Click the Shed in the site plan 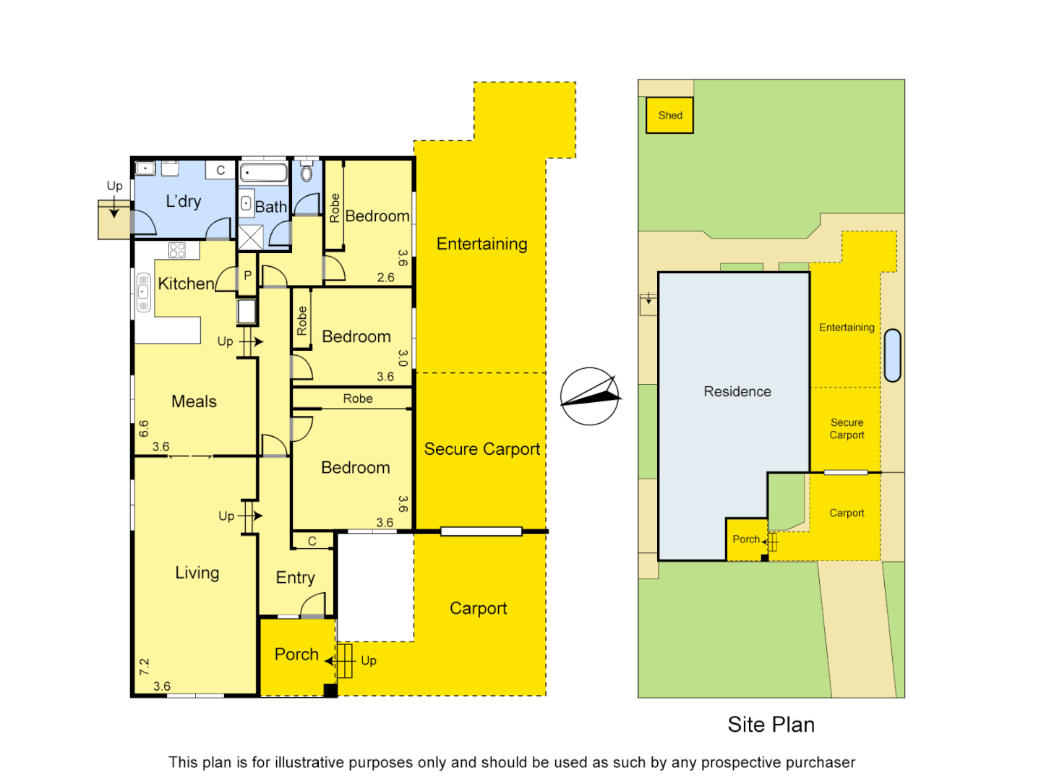point(669,116)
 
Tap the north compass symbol point(590,396)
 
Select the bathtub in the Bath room point(264,173)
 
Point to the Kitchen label point(186,283)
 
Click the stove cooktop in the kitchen point(177,250)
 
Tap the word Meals point(194,401)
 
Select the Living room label point(197,573)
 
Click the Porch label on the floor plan point(296,654)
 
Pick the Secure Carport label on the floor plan point(481,449)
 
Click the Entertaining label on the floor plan point(481,244)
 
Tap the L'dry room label point(184,202)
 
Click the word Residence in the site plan point(737,391)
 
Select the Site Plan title point(771,725)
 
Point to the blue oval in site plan point(893,355)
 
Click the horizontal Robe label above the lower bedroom point(358,398)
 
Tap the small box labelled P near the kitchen point(247,276)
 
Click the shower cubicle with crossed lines point(251,237)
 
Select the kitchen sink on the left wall point(143,291)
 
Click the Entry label point(295,578)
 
